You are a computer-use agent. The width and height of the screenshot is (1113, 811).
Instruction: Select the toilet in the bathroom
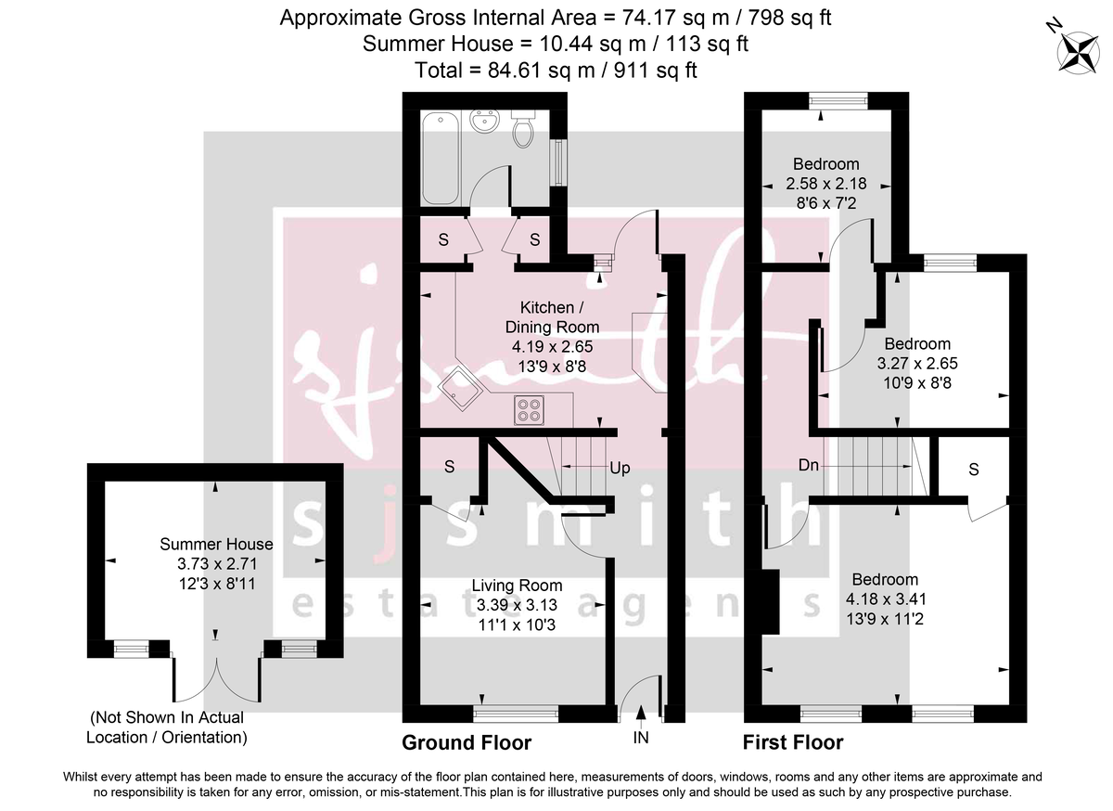[524, 132]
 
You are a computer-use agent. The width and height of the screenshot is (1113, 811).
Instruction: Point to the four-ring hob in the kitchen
[531, 409]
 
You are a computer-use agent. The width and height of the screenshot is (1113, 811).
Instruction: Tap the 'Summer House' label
[216, 545]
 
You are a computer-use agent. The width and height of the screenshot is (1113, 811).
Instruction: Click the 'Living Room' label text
[517, 586]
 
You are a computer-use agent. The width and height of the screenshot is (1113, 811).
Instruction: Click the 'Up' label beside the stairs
[620, 468]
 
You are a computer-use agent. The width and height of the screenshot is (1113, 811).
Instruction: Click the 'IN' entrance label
[641, 739]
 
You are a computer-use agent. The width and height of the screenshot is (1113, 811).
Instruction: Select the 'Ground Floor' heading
[467, 742]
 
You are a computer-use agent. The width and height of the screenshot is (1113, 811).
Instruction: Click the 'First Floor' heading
[793, 742]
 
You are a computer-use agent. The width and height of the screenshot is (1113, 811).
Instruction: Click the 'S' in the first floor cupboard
[973, 470]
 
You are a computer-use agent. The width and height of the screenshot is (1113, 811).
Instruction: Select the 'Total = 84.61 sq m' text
[556, 70]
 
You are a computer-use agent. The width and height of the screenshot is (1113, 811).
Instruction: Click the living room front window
[516, 713]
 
